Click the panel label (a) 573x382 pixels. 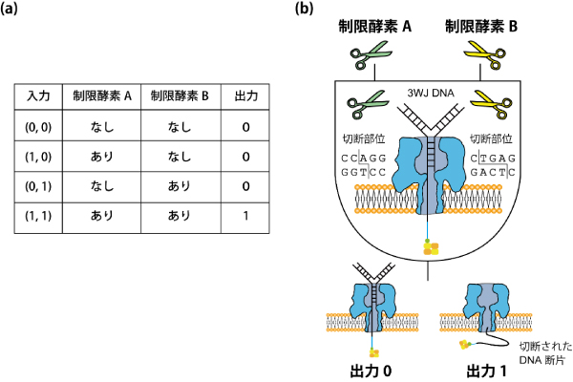click(x=9, y=8)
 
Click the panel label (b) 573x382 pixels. click(x=304, y=8)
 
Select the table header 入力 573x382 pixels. click(x=38, y=96)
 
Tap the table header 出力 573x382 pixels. click(x=246, y=96)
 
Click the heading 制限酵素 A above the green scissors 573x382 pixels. click(x=375, y=27)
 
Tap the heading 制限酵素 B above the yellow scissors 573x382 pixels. click(x=481, y=27)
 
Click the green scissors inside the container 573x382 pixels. click(x=366, y=104)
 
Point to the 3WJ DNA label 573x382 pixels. click(x=431, y=94)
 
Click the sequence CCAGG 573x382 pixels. click(x=364, y=159)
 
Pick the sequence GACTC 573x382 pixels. click(x=493, y=172)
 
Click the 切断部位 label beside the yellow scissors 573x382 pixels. click(x=491, y=138)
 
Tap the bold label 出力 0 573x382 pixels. click(x=371, y=371)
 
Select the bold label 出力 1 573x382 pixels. click(x=486, y=371)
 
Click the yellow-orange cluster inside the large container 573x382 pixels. click(x=430, y=247)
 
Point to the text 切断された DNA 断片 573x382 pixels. click(x=545, y=353)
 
